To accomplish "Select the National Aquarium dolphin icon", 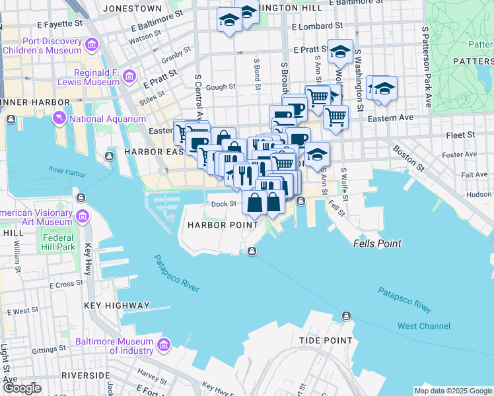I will pyautogui.click(x=61, y=119).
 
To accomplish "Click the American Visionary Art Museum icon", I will pyautogui.click(x=83, y=216).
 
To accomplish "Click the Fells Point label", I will pyautogui.click(x=378, y=244).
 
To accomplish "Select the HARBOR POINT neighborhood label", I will pyautogui.click(x=222, y=225).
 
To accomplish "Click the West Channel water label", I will pyautogui.click(x=423, y=326).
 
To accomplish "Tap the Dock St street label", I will pyautogui.click(x=223, y=204).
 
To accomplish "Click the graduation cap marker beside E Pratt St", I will pyautogui.click(x=340, y=51).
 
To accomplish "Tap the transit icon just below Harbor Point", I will pyautogui.click(x=252, y=250).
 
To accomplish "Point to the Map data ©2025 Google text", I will pyautogui.click(x=452, y=391).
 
